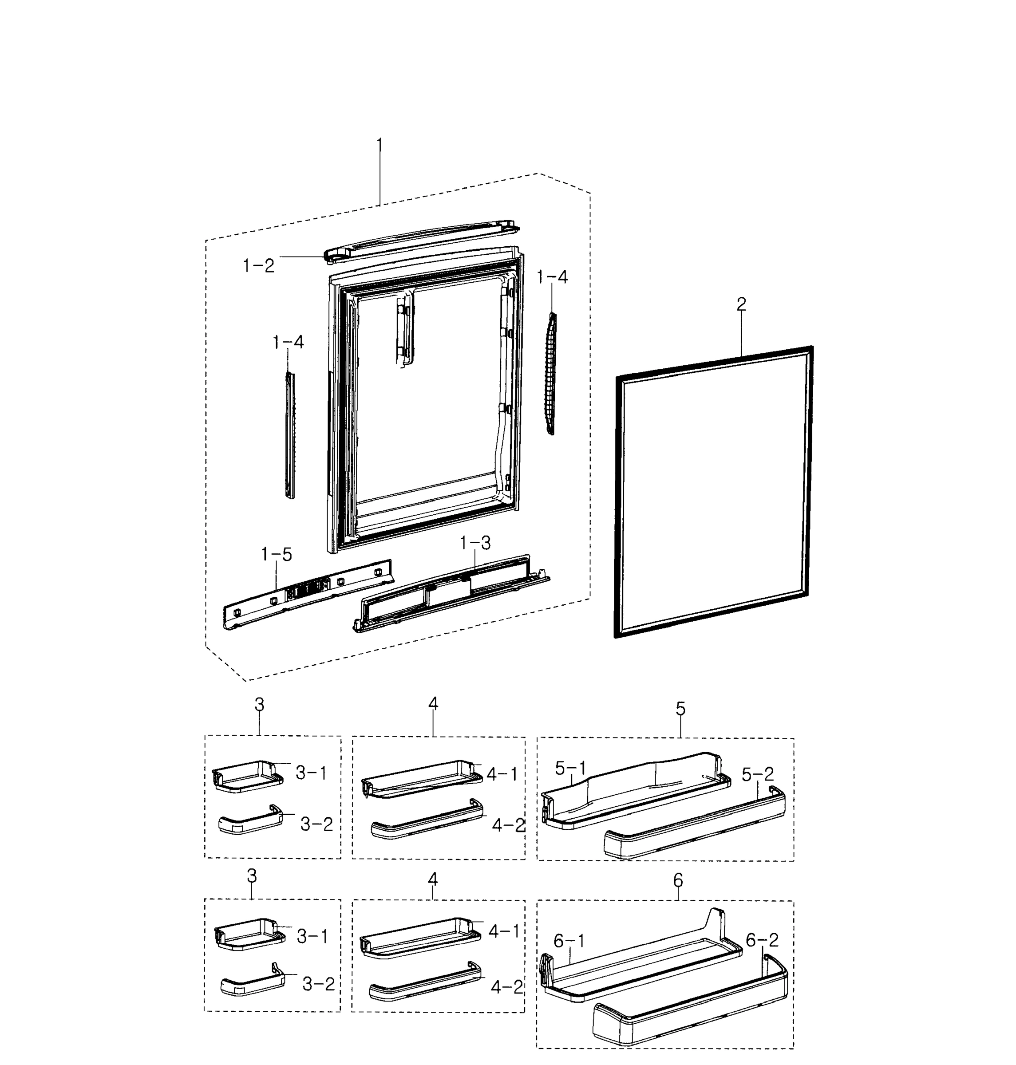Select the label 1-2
pos(258,265)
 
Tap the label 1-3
pos(475,543)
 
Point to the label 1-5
pos(276,554)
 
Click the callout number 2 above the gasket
pos(741,304)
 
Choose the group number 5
pos(680,708)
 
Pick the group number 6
pos(678,880)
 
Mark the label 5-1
pos(571,768)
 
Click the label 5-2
pos(758,774)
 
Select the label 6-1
pos(569,941)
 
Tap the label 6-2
pos(762,940)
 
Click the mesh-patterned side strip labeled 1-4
pos(551,374)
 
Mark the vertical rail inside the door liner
pos(404,330)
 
